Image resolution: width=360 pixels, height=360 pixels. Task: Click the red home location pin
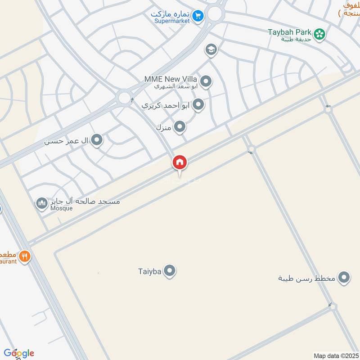point(180,163)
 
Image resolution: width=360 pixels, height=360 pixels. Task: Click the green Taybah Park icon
point(319,33)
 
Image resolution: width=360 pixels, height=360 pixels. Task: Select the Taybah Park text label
point(297,32)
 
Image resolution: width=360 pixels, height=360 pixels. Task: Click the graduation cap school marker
point(211,50)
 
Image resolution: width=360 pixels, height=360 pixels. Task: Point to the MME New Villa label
point(171,79)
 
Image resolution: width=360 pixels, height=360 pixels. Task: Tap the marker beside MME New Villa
point(206,81)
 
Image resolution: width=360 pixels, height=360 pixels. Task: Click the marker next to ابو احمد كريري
point(198,105)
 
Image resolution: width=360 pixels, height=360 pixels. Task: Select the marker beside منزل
point(180,127)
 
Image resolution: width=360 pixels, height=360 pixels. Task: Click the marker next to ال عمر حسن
point(97,141)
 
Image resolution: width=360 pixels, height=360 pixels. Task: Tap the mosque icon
point(42,203)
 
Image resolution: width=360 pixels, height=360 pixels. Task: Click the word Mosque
point(61,208)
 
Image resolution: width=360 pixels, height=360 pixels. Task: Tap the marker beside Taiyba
point(170,271)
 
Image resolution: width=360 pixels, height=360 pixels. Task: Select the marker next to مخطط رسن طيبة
point(344,278)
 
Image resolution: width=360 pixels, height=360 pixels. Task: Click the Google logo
point(18,353)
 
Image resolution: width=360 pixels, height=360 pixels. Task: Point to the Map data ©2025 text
point(335,355)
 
